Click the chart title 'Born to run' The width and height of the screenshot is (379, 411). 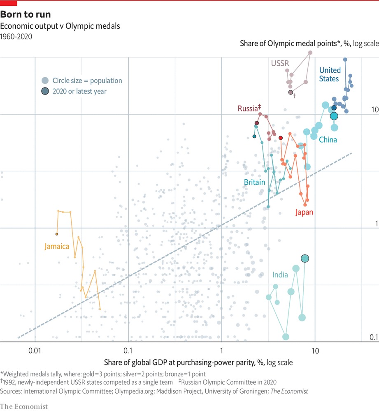point(26,14)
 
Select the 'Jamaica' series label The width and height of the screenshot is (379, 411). point(57,247)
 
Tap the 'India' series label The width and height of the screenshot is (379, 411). point(280,275)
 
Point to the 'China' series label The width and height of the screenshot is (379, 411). point(328,140)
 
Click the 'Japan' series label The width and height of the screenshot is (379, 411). point(304,212)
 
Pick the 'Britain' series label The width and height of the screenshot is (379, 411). point(254,182)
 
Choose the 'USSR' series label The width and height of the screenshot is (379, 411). point(280,64)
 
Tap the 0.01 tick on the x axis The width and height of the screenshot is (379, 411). point(35,351)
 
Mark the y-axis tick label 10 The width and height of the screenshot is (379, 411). point(374,110)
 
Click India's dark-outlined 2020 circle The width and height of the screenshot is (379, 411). point(305,259)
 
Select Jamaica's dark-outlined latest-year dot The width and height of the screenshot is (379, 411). point(57,234)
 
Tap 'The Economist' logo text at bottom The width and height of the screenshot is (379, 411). point(24,406)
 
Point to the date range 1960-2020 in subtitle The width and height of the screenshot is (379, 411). point(16,36)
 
